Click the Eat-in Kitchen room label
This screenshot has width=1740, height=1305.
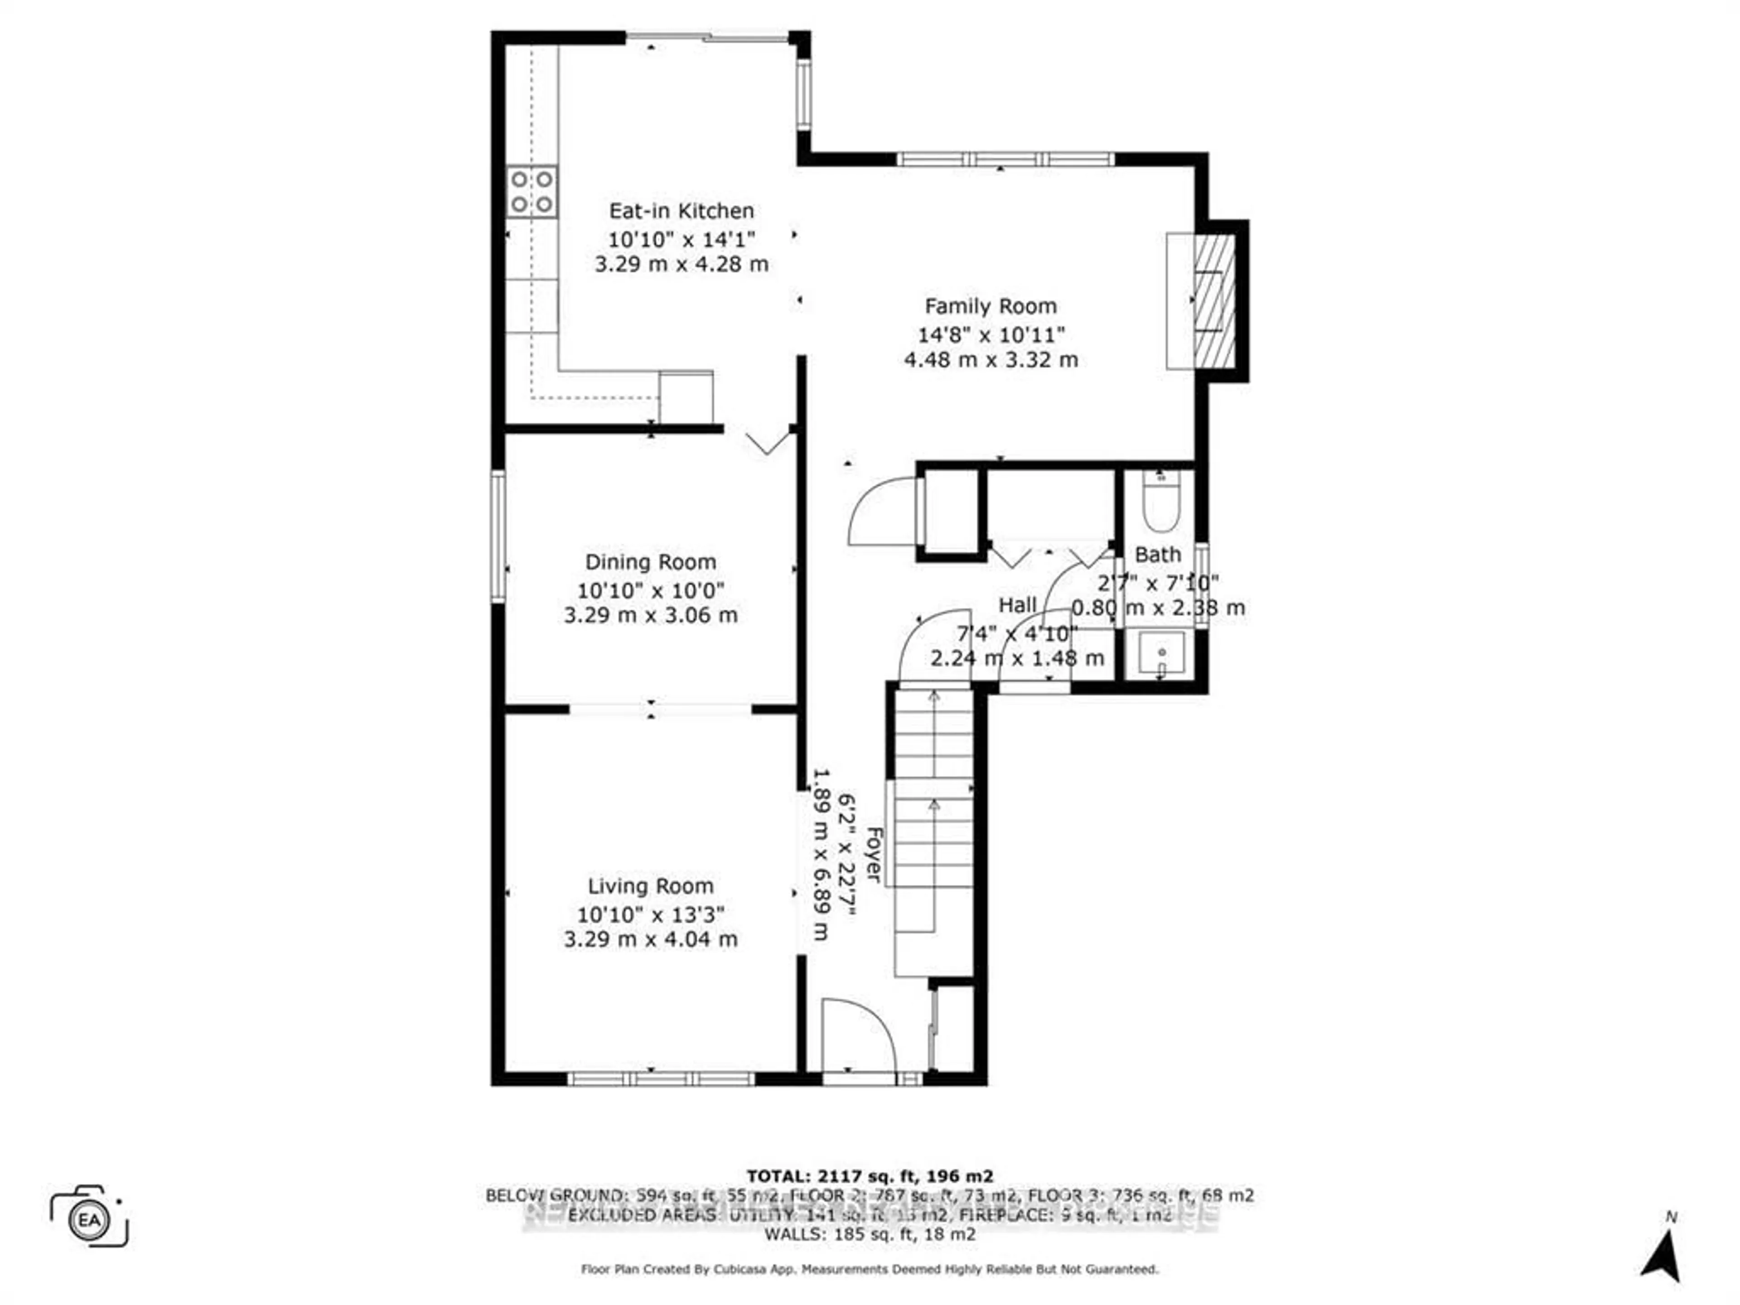point(681,211)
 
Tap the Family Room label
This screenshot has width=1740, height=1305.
point(991,306)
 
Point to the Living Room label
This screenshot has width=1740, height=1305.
point(651,886)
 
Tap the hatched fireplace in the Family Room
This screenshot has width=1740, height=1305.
point(1214,301)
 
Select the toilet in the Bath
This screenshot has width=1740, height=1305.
point(1161,504)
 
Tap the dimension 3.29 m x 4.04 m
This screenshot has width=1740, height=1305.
point(651,939)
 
